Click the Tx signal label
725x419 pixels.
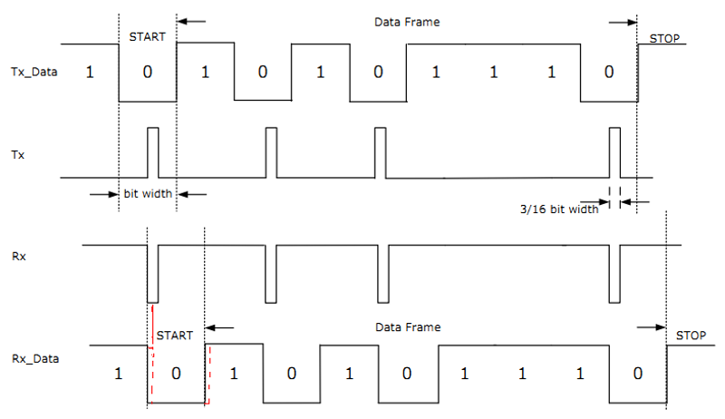click(x=18, y=156)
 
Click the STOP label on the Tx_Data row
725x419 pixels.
click(x=666, y=39)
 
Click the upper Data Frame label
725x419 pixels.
click(x=406, y=21)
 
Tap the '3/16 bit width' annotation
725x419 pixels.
click(x=559, y=209)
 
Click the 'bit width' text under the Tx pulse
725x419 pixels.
click(x=148, y=193)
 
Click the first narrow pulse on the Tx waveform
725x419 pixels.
click(x=152, y=151)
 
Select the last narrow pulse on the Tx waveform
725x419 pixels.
click(x=614, y=151)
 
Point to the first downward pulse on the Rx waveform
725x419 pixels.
click(x=152, y=273)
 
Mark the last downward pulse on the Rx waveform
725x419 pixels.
click(x=614, y=273)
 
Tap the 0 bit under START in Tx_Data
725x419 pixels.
click(x=148, y=72)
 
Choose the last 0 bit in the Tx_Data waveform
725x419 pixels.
click(x=609, y=72)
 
